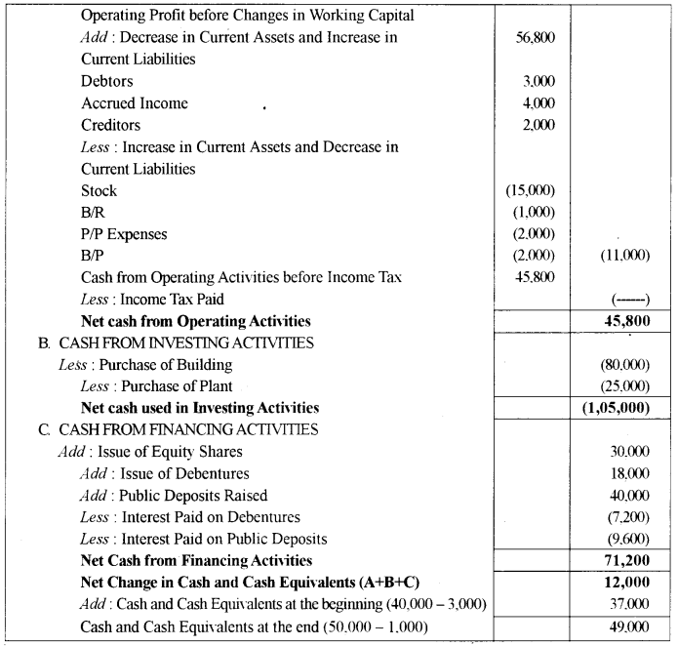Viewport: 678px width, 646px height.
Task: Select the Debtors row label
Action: (107, 81)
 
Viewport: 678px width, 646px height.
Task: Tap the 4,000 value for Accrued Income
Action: (538, 103)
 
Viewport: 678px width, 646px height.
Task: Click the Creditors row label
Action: (110, 125)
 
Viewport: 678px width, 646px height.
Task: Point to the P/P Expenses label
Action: (124, 234)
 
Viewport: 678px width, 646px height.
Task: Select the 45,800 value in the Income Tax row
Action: (536, 278)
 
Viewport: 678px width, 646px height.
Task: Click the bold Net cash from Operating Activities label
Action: (196, 321)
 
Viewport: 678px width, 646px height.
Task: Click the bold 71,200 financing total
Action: (626, 561)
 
